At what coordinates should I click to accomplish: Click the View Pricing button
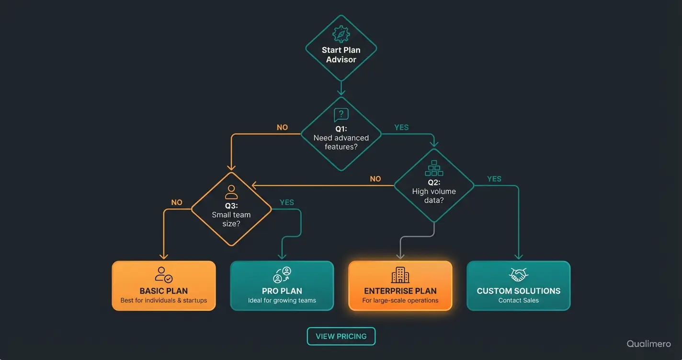(x=341, y=336)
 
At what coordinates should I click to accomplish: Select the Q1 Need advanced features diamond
(x=341, y=134)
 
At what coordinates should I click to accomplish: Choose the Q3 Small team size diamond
(x=231, y=209)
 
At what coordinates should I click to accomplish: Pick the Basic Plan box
(x=164, y=286)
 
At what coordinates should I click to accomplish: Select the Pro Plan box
(x=282, y=286)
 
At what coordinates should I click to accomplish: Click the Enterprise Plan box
(x=400, y=286)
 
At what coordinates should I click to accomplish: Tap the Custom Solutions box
(x=519, y=286)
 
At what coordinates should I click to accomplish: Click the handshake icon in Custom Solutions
(x=518, y=275)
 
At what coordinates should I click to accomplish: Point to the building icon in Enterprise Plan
(x=400, y=275)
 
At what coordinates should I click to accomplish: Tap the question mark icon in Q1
(x=341, y=114)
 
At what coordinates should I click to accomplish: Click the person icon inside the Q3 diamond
(x=231, y=192)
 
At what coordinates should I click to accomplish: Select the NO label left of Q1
(x=283, y=128)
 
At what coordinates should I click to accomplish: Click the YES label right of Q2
(x=494, y=179)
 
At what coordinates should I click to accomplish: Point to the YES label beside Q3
(x=287, y=202)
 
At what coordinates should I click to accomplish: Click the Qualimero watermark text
(x=648, y=344)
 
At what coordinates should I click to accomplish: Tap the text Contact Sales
(x=519, y=301)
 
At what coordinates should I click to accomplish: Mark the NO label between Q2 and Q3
(x=375, y=179)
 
